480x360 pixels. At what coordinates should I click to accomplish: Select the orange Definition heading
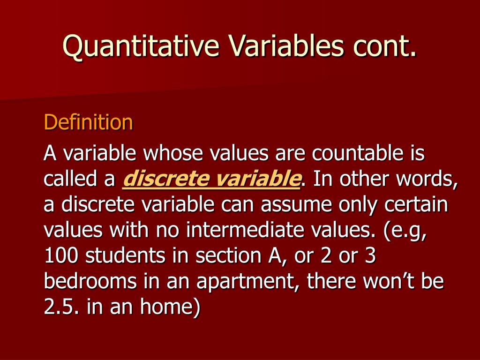point(89,122)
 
